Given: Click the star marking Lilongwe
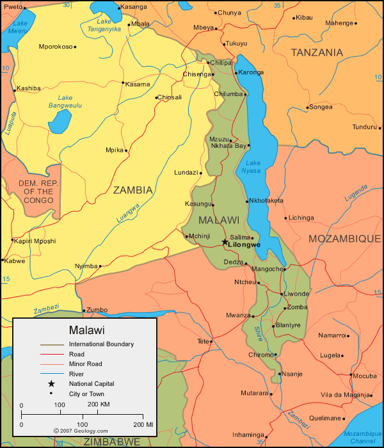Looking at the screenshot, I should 225,242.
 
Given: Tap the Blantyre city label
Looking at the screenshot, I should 288,325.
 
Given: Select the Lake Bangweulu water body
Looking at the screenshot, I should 60,120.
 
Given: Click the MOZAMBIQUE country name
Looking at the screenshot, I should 344,238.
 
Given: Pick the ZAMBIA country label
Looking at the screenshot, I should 133,189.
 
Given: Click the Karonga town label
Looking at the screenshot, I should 252,72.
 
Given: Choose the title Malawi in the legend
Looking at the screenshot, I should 84,330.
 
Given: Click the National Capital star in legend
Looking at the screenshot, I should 52,383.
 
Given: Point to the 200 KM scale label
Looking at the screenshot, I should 98,404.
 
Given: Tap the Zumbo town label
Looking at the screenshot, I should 97,310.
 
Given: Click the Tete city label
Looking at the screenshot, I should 204,341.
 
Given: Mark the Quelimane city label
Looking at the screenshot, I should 325,419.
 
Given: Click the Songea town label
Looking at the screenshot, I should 321,107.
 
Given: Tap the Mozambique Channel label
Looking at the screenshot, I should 362,438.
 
